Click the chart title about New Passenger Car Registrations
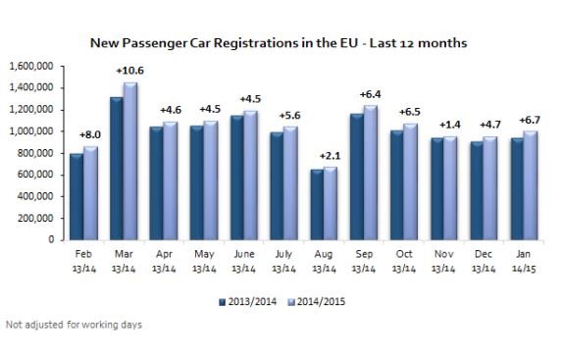279,43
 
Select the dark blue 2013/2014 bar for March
117,169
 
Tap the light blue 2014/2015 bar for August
331,204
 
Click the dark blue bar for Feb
77,197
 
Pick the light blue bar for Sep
370,173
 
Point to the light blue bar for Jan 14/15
531,185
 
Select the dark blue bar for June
237,178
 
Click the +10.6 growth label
129,71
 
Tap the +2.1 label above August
331,156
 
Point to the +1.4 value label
450,125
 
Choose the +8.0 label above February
90,135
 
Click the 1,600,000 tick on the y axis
31,67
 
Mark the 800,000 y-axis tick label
35,153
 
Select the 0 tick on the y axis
51,239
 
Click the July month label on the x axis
283,254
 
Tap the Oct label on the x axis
404,254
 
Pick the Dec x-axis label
484,254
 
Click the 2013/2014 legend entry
248,302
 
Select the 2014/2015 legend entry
317,302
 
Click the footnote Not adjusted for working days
74,325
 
